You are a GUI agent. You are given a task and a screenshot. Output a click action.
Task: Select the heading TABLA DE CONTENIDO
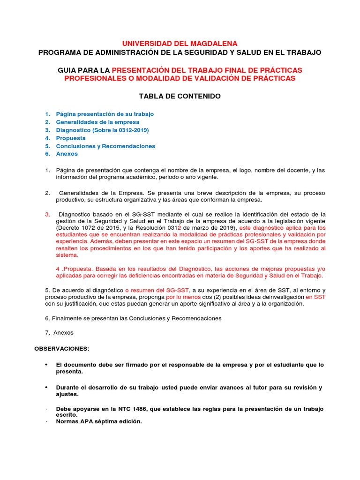click(180, 96)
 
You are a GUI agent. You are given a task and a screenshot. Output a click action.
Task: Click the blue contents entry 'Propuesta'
click(71, 138)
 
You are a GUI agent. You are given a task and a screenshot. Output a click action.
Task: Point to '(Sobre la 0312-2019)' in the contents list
click(121, 130)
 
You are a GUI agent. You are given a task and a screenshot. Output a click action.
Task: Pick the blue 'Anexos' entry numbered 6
click(67, 154)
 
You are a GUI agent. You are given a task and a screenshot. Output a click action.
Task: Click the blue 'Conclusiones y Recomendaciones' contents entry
click(105, 146)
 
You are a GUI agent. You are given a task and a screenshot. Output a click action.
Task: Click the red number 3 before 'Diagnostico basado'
click(47, 214)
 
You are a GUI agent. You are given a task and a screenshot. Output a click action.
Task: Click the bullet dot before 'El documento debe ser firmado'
click(46, 365)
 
